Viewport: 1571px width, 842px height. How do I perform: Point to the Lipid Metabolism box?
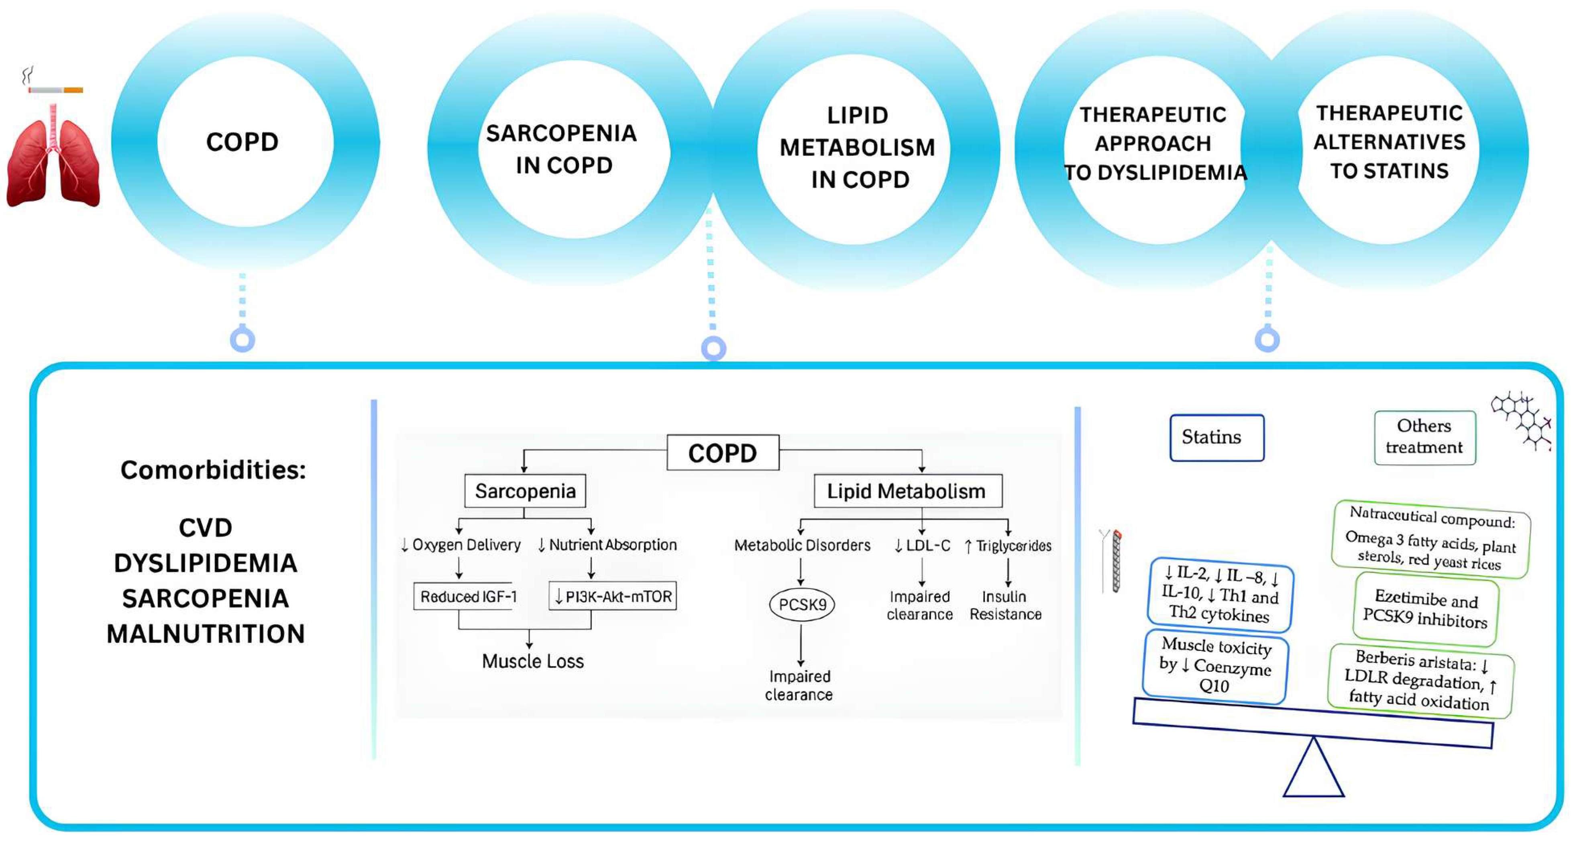pyautogui.click(x=907, y=491)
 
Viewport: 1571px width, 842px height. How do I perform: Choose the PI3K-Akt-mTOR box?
pyautogui.click(x=613, y=596)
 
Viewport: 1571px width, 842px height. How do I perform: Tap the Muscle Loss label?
pyautogui.click(x=532, y=661)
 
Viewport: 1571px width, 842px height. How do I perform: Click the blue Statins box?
pyautogui.click(x=1216, y=438)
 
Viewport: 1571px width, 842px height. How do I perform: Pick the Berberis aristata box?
pyautogui.click(x=1420, y=680)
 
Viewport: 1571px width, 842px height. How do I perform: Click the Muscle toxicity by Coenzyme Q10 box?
pyautogui.click(x=1215, y=665)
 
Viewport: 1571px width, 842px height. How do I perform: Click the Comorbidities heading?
pyautogui.click(x=213, y=470)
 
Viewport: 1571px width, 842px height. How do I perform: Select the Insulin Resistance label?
pyautogui.click(x=1005, y=605)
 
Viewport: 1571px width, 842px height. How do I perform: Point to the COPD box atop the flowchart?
pyautogui.click(x=722, y=453)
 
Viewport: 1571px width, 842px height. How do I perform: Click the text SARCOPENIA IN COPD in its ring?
pyautogui.click(x=562, y=149)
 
